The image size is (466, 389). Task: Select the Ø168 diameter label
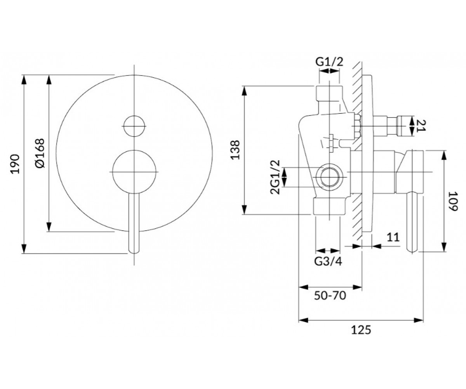point(40,153)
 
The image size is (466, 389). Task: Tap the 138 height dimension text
point(235,150)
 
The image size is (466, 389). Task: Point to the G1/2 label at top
point(329,62)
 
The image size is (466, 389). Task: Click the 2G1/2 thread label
point(275,177)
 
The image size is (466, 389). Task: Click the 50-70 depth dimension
point(330,296)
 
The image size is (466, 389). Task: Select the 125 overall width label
point(361,330)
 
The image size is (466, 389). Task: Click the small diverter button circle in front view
point(134,126)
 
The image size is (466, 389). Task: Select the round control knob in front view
point(134,172)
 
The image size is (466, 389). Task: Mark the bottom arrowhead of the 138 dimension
point(245,209)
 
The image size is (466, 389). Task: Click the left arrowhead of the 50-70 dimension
point(304,287)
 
